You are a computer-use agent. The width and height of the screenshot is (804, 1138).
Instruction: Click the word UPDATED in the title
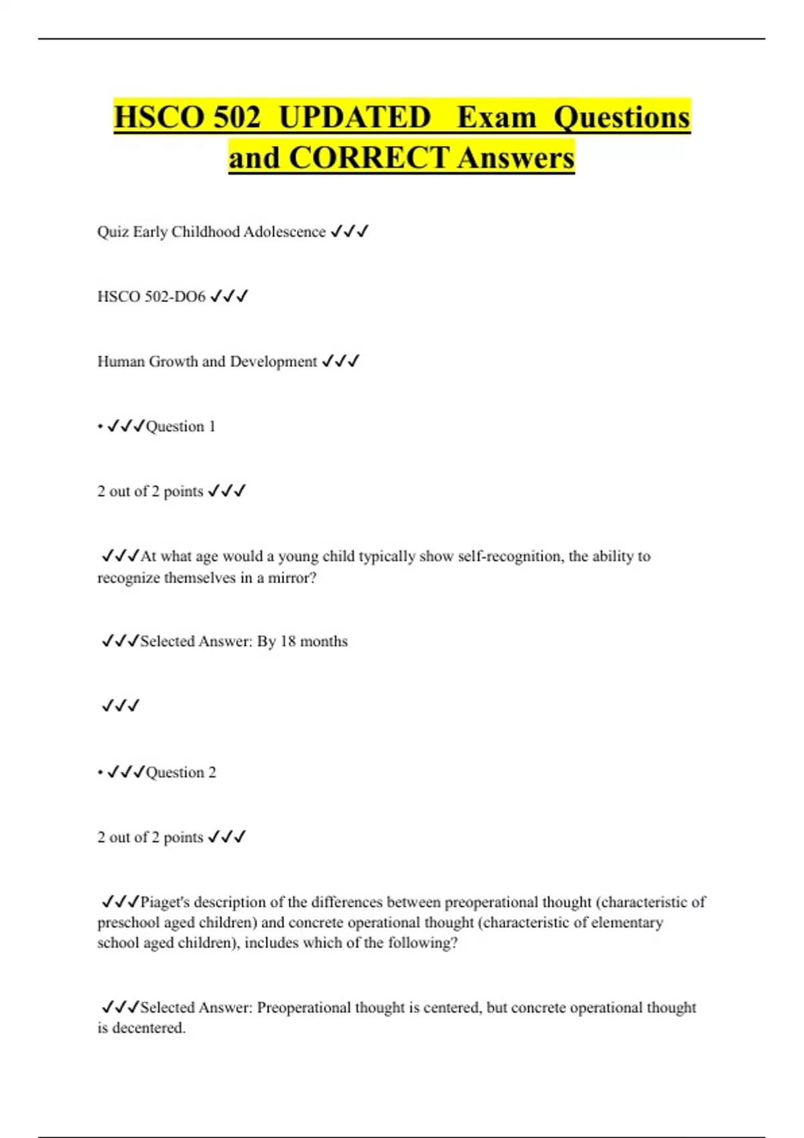[354, 117]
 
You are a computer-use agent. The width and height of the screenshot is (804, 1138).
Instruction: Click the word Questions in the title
[621, 117]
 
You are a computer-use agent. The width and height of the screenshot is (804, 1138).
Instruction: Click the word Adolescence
[284, 232]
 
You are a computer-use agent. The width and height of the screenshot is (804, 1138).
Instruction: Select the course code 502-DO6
[175, 297]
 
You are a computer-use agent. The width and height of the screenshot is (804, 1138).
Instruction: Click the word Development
[273, 361]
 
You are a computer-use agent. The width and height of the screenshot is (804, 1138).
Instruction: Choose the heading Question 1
[180, 426]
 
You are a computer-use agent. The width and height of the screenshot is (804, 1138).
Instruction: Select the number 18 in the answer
[287, 641]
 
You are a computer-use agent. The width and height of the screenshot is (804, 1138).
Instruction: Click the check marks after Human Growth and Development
[340, 361]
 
